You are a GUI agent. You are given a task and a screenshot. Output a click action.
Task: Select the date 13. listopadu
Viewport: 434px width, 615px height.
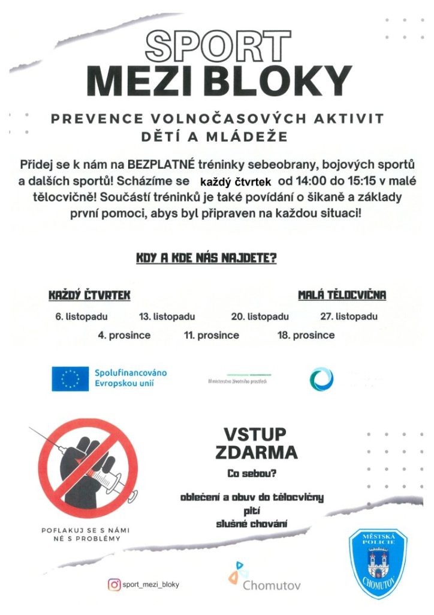pyautogui.click(x=167, y=317)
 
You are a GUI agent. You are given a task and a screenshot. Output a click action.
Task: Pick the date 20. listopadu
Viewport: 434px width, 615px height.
pyautogui.click(x=260, y=317)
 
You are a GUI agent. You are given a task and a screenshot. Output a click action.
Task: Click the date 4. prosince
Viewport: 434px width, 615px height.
pyautogui.click(x=124, y=335)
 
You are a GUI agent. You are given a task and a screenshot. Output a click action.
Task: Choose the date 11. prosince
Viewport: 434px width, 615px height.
pyautogui.click(x=212, y=335)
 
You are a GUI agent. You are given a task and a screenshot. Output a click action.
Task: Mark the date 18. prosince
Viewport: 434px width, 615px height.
pyautogui.click(x=306, y=335)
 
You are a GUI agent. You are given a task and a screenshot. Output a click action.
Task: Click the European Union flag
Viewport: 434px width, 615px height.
pyautogui.click(x=70, y=378)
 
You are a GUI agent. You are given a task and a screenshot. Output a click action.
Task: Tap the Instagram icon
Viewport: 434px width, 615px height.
pyautogui.click(x=113, y=584)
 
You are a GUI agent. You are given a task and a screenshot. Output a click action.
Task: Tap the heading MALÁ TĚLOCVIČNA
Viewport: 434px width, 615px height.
pyautogui.click(x=342, y=295)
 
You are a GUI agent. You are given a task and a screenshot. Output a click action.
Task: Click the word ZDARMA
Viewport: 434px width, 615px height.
pyautogui.click(x=256, y=452)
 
